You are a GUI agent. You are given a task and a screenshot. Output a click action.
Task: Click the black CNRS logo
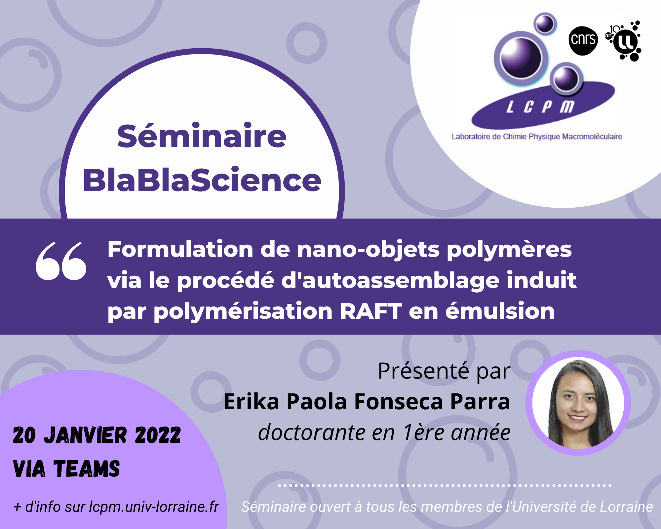[x=583, y=40]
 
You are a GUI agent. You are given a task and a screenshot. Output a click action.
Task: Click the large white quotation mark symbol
[x=61, y=261]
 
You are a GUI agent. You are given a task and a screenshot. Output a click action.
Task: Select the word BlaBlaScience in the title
[x=202, y=180]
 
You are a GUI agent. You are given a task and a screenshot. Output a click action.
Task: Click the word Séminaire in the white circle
[x=202, y=136]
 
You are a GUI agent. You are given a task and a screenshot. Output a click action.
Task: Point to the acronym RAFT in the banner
[x=371, y=311]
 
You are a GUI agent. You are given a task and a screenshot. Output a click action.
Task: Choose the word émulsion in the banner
[x=500, y=311]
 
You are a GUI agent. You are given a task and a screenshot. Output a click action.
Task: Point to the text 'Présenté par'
[x=444, y=371]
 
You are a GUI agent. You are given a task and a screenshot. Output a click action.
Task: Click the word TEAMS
[x=87, y=469]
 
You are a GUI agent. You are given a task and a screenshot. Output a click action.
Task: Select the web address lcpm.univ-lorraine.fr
[x=154, y=507]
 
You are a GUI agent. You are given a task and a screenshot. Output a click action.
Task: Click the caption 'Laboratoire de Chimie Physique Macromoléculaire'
[x=537, y=137]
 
